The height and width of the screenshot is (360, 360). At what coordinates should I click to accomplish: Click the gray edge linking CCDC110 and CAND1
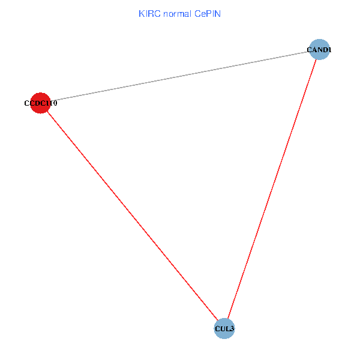coord(180,76)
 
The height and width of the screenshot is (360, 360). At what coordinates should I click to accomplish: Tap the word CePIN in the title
coord(208,13)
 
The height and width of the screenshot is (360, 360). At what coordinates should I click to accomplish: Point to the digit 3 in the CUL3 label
coord(232,329)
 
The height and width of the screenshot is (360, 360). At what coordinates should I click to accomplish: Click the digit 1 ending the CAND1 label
coord(329,50)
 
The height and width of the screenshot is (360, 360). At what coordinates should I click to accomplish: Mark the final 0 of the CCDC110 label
coord(55,103)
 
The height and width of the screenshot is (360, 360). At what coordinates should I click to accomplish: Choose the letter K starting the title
coord(141,13)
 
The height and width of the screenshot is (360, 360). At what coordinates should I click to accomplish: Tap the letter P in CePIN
coord(209,13)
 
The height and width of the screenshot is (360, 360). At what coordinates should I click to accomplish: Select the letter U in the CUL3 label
coord(222,329)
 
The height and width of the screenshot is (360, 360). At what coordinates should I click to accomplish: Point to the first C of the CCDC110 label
coord(26,103)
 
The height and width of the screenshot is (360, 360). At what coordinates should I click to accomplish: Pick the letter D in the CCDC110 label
coord(37,103)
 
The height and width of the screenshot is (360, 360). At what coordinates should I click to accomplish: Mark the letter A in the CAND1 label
coord(314,50)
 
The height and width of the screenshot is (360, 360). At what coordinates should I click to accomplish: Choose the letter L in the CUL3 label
coord(227,329)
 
